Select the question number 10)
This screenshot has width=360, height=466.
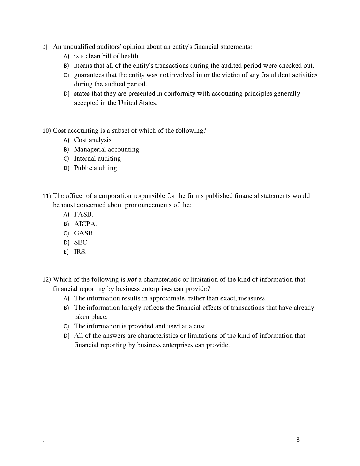[x=47, y=131]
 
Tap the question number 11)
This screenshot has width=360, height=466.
[x=47, y=196]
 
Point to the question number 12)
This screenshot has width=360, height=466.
[x=47, y=280]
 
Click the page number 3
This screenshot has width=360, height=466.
[x=298, y=440]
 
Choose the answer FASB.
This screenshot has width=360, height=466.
[x=84, y=214]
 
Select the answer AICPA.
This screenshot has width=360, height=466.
[x=85, y=224]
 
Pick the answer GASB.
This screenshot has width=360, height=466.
[x=84, y=233]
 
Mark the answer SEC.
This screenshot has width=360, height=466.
[x=81, y=242]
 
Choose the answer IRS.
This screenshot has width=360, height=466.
[x=80, y=252]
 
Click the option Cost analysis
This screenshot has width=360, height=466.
[x=93, y=140]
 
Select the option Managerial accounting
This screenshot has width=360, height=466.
[x=106, y=149]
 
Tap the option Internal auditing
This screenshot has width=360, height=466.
[x=97, y=159]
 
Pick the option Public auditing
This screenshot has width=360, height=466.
[x=95, y=168]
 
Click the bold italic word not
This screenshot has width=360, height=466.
[x=132, y=279]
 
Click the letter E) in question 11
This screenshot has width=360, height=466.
[x=66, y=252]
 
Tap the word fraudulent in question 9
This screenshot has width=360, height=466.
[x=275, y=75]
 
